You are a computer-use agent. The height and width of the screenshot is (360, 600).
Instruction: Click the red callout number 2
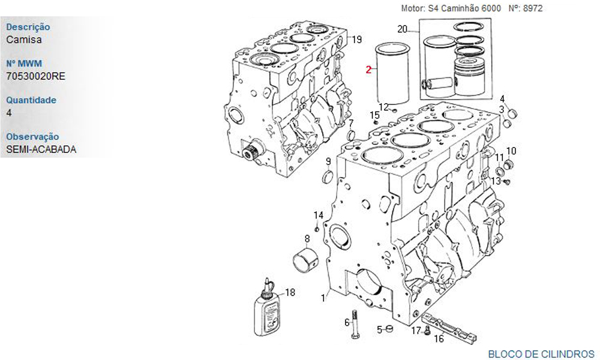369,70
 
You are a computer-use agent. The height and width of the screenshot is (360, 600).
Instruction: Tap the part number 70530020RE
35,76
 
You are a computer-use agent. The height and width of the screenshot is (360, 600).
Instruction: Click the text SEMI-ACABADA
41,149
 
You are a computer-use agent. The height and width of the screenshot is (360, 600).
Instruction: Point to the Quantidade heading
31,100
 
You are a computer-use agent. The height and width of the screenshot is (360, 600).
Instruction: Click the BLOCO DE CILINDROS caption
541,354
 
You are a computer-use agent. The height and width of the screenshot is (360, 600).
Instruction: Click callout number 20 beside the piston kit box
402,29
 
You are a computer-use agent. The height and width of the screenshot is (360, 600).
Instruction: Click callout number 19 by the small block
356,40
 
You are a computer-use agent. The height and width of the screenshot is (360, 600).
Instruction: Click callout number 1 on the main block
323,297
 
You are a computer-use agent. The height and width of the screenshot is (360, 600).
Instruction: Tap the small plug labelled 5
389,329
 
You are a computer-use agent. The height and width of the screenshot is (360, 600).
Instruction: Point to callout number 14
319,215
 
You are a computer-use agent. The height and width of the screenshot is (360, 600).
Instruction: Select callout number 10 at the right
511,151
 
